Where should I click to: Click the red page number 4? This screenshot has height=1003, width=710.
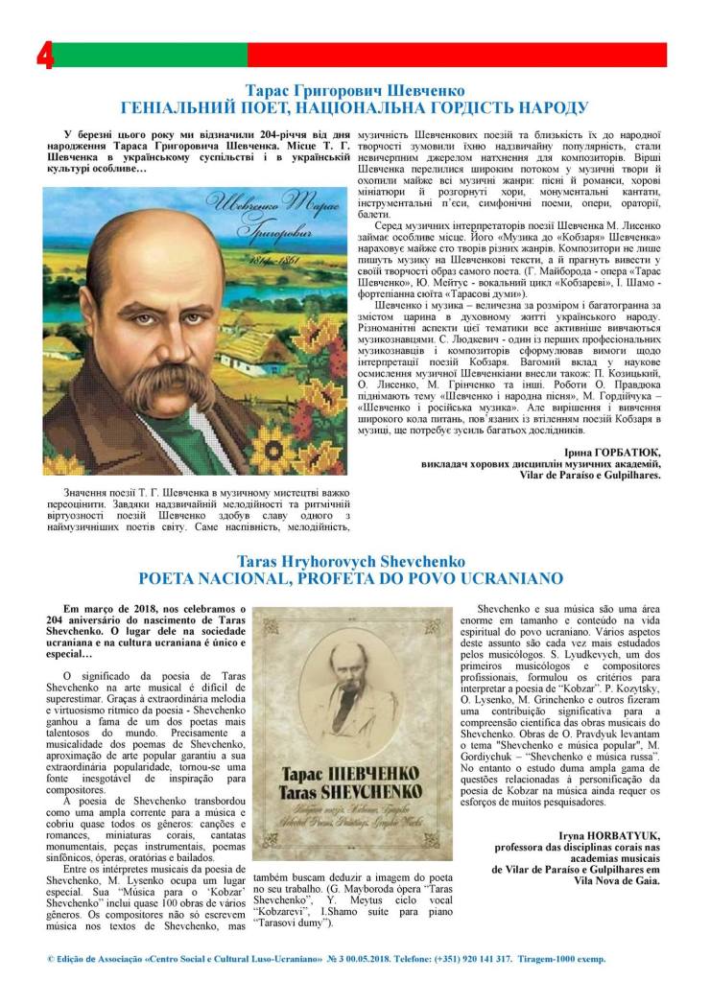coord(44,57)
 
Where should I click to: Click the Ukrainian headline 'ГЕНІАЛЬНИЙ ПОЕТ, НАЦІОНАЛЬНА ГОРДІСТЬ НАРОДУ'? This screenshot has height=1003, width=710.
coord(354,107)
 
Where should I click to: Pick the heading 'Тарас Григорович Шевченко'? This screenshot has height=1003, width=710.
coord(355,89)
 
